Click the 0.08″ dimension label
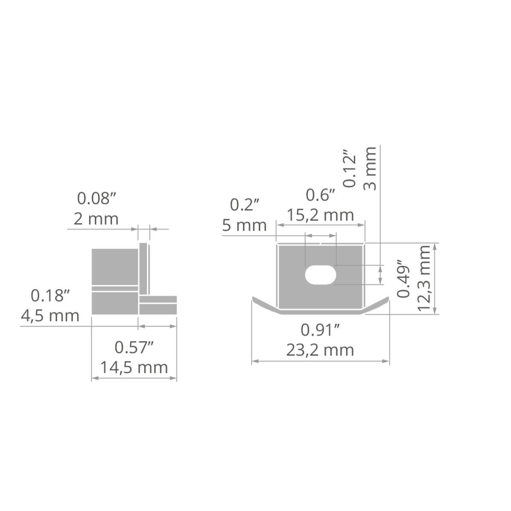click(97, 198)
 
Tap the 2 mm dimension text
click(96, 219)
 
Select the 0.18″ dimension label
click(50, 296)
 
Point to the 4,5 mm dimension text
click(50, 316)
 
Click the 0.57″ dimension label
click(134, 347)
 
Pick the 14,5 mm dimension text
click(134, 368)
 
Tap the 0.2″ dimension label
click(244, 205)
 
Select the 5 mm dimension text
click(244, 225)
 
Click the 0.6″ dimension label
click(320, 195)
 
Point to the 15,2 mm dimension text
click(320, 215)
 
